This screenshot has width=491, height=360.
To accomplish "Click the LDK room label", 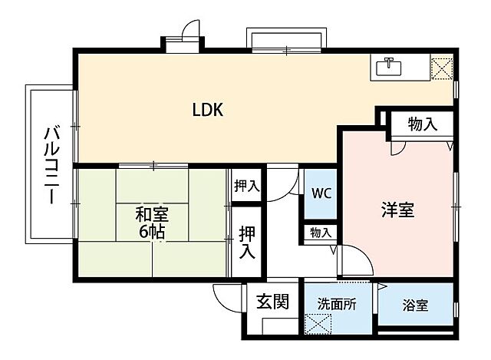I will click(x=207, y=110).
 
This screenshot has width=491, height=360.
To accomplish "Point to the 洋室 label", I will click(x=398, y=210).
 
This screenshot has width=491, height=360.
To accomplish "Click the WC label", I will click(x=321, y=193).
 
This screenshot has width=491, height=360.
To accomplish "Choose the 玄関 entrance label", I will click(x=272, y=302).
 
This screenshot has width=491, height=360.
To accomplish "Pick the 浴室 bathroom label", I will click(x=415, y=306).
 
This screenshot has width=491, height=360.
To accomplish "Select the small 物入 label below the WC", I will click(x=321, y=233).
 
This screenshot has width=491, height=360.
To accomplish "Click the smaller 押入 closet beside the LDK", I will click(x=246, y=187).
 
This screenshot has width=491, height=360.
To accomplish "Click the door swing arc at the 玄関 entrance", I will click(x=226, y=296).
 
